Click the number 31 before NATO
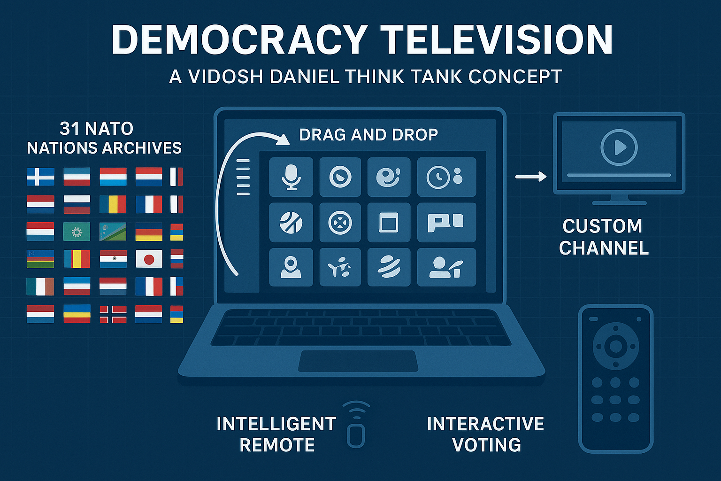(69, 129)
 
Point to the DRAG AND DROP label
(368, 135)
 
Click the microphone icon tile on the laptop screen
(291, 177)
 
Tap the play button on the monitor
(619, 148)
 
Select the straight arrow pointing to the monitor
(531, 177)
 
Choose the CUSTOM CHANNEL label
(604, 237)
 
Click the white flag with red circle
(149, 259)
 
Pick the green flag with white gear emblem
(77, 232)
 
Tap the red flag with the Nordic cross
(113, 314)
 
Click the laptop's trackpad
(358, 361)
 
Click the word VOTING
(487, 445)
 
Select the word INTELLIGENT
(276, 424)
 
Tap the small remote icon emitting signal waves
(356, 424)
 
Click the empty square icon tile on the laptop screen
(389, 222)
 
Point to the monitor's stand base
(619, 203)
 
